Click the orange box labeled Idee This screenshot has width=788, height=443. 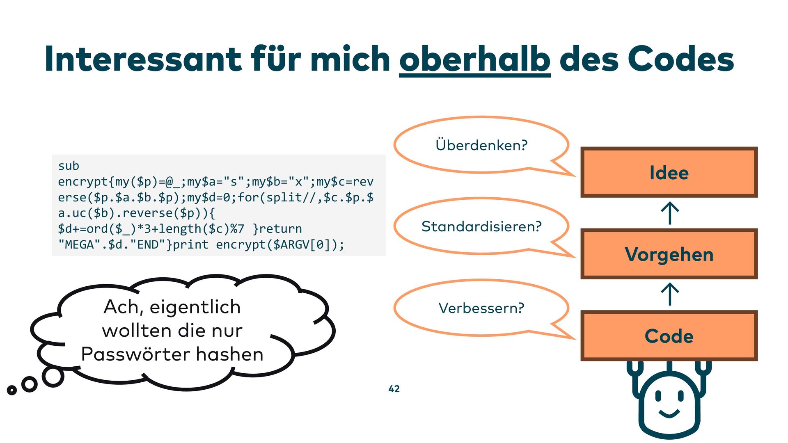pyautogui.click(x=669, y=172)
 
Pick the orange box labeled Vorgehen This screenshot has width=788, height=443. pyautogui.click(x=669, y=254)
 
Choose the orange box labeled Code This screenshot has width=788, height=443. pyautogui.click(x=669, y=336)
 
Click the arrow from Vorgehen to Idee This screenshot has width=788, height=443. pyautogui.click(x=670, y=213)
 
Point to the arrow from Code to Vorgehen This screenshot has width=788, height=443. pyautogui.click(x=670, y=294)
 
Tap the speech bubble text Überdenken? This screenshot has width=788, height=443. pyautogui.click(x=481, y=145)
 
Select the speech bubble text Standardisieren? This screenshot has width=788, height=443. pyautogui.click(x=481, y=226)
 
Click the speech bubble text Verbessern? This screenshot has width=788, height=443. pyautogui.click(x=481, y=308)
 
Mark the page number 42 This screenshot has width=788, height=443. pyautogui.click(x=394, y=388)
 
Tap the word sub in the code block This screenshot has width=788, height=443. pyautogui.click(x=69, y=166)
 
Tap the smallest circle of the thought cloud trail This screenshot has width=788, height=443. pyautogui.click(x=12, y=390)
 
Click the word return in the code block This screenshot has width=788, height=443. pyautogui.click(x=281, y=228)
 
